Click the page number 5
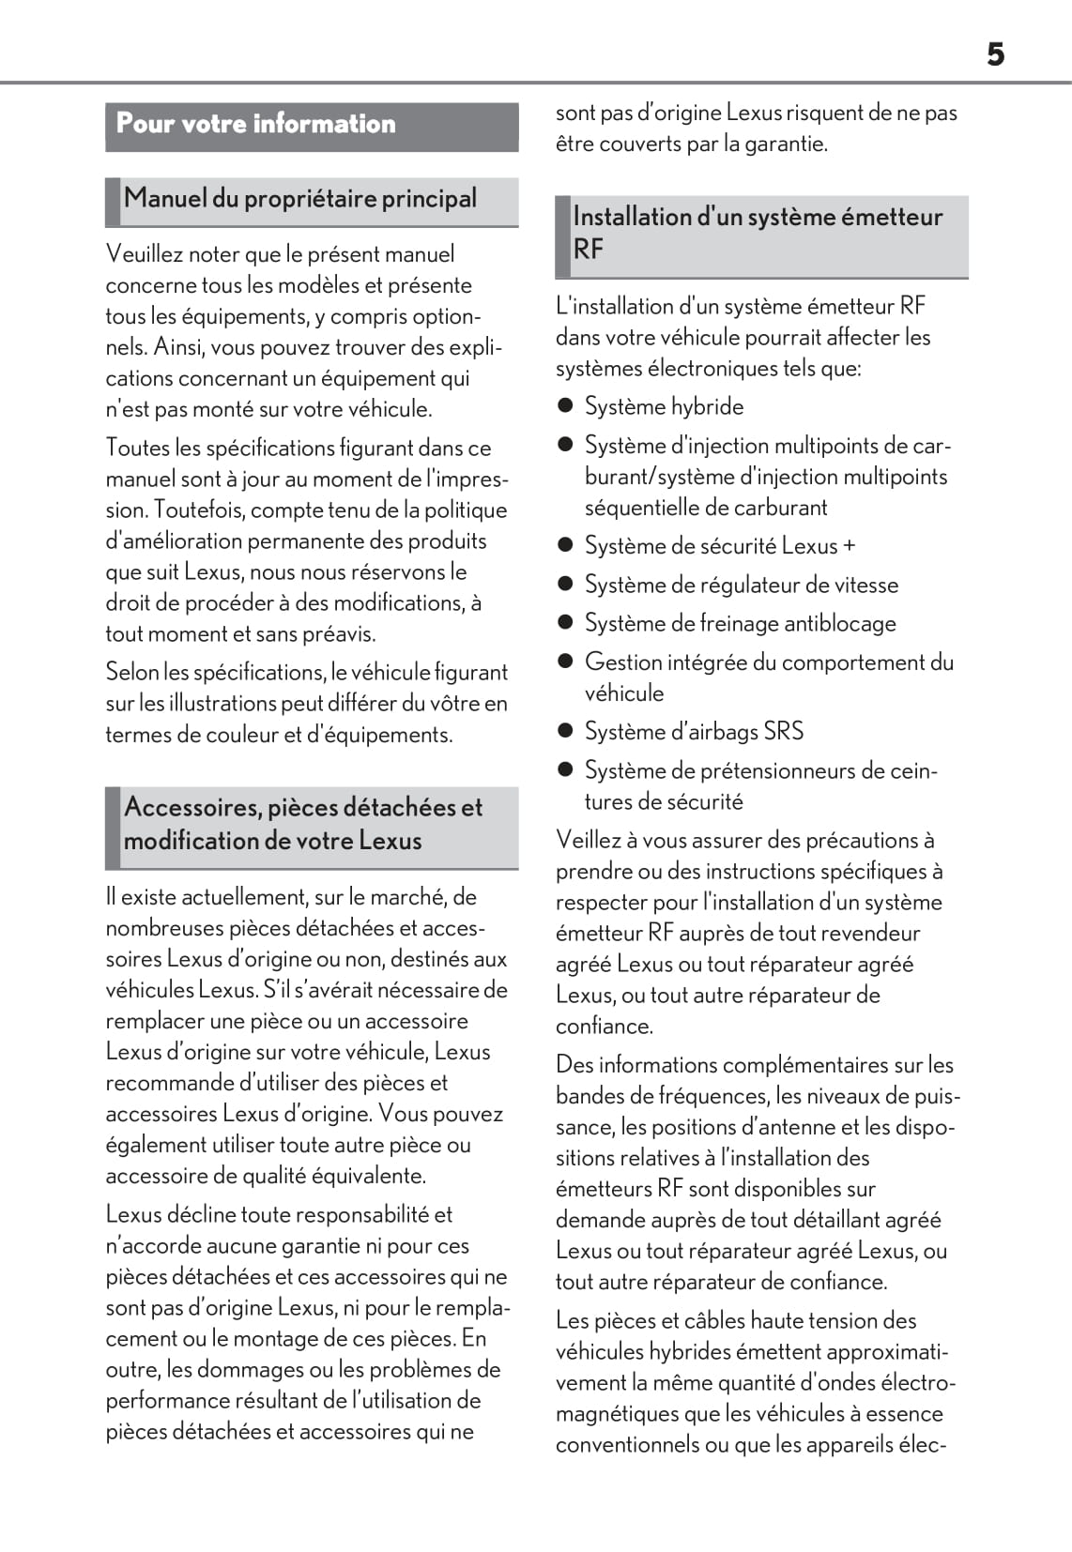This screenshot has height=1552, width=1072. click(995, 54)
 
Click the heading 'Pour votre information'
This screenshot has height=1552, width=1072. click(255, 124)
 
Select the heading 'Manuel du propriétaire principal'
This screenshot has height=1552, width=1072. click(300, 199)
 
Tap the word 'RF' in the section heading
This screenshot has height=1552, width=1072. click(588, 250)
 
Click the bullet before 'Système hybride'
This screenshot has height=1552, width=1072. click(565, 406)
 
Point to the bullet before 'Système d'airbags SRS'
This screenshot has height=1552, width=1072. click(565, 731)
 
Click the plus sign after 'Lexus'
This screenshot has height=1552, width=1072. click(850, 546)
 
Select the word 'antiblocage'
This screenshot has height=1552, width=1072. click(840, 623)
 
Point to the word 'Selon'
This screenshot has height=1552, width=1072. click(132, 673)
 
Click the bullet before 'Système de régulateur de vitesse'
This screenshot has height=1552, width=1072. click(565, 585)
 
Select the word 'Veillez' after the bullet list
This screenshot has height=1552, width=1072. click(590, 840)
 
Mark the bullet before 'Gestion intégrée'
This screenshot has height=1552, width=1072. click(565, 662)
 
